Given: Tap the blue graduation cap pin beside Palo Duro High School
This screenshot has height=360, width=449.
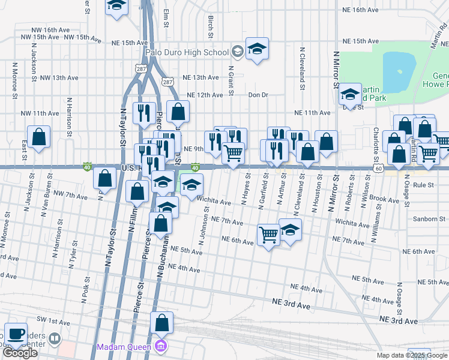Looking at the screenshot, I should tap(257, 49).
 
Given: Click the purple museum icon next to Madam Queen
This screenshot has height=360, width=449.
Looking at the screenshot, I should tap(160, 347).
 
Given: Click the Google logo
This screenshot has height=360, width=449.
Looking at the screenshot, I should tap(20, 353).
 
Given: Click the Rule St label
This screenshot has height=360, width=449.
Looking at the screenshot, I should tap(423, 185).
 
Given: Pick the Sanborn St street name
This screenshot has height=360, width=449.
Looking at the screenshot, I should tap(427, 219).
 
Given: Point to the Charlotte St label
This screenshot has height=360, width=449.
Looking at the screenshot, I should tap(376, 140).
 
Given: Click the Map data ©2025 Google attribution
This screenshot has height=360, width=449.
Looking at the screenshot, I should tap(411, 355).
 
